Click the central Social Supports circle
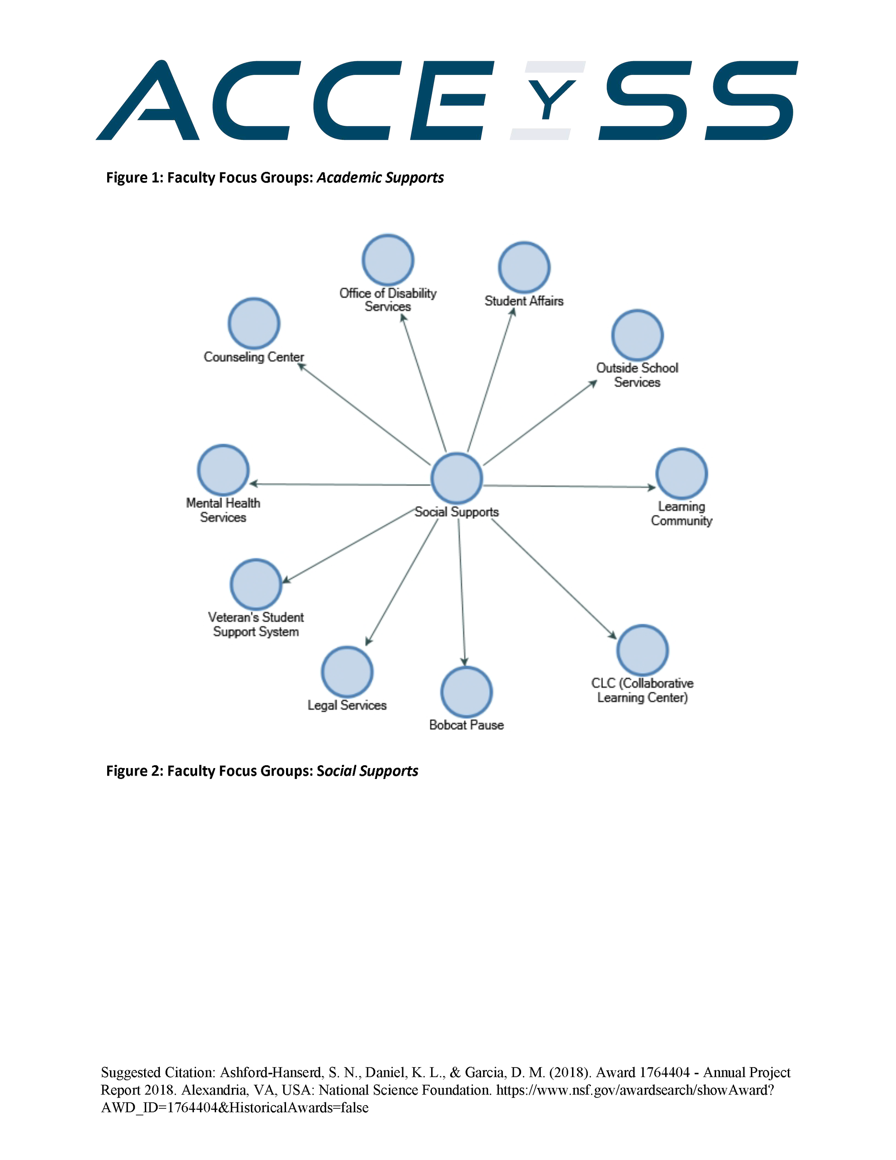(x=457, y=478)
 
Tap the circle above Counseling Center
(x=254, y=323)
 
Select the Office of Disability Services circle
(x=388, y=260)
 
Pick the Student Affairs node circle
(x=524, y=267)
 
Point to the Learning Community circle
(x=682, y=474)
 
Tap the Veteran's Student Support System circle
(x=256, y=584)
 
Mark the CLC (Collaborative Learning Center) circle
(x=642, y=650)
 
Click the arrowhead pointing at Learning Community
(x=652, y=487)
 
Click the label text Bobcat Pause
(x=466, y=725)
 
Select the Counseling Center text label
(x=254, y=357)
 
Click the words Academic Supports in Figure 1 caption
(x=380, y=177)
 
